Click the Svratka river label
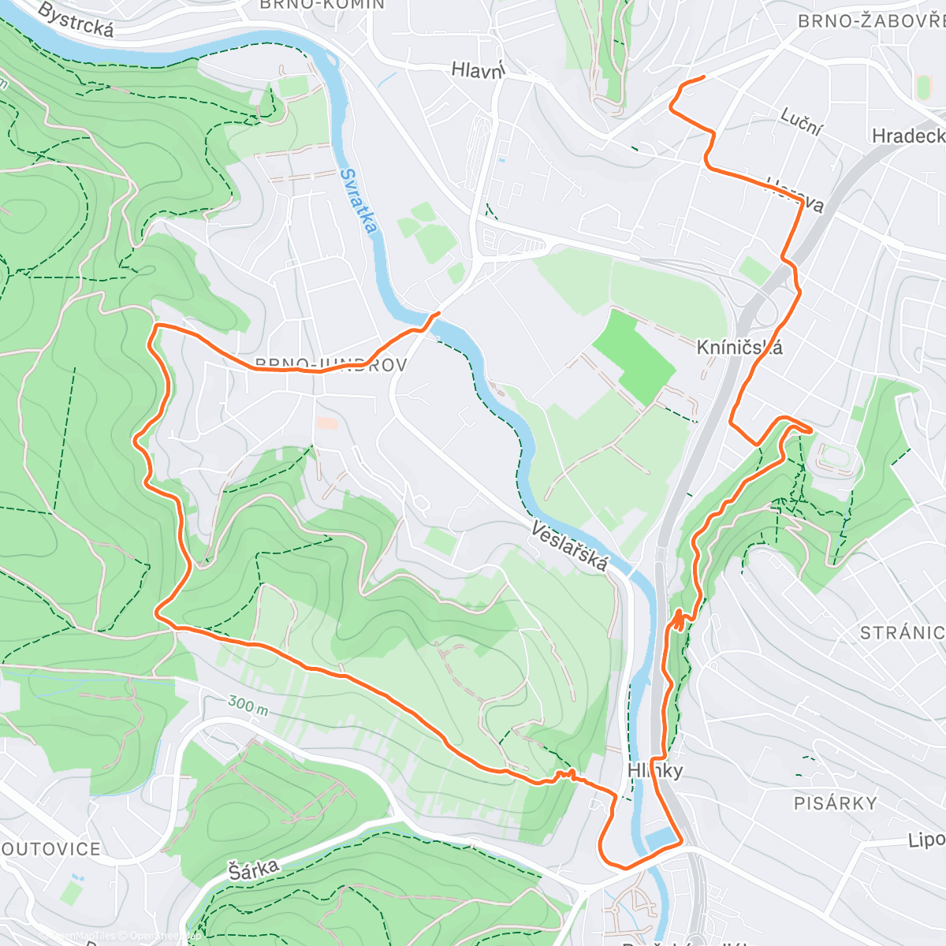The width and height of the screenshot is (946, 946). pyautogui.click(x=359, y=202)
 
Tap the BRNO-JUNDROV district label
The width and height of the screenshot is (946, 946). pyautogui.click(x=330, y=365)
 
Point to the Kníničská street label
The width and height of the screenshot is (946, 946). pyautogui.click(x=739, y=347)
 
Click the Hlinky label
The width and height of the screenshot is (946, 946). pyautogui.click(x=655, y=770)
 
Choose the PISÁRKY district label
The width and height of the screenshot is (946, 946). pyautogui.click(x=835, y=803)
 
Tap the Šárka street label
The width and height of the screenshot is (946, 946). pyautogui.click(x=254, y=870)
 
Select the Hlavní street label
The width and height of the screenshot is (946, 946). pyautogui.click(x=478, y=70)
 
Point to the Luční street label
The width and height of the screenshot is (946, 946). pyautogui.click(x=802, y=122)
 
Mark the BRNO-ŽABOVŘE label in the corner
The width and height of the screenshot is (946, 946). pyautogui.click(x=871, y=21)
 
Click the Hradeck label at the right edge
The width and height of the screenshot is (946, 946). pyautogui.click(x=908, y=136)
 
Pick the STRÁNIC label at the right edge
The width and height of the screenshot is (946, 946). pyautogui.click(x=902, y=633)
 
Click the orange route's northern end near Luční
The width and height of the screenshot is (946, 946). pyautogui.click(x=704, y=77)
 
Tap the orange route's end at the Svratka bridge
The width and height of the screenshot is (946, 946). pyautogui.click(x=438, y=314)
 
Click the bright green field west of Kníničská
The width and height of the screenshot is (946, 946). pyautogui.click(x=635, y=355)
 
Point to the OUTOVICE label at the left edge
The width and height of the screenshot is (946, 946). pyautogui.click(x=51, y=849)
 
